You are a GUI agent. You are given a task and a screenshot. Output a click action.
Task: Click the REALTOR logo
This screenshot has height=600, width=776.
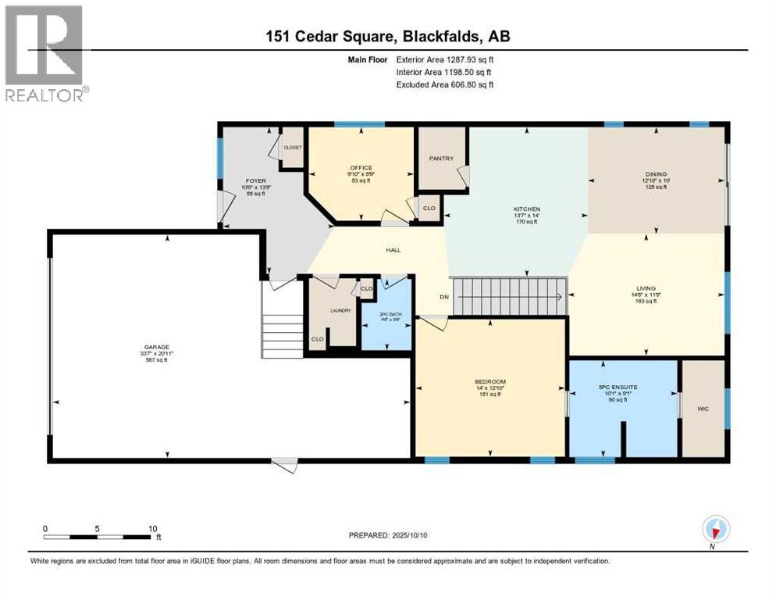coord(45,53)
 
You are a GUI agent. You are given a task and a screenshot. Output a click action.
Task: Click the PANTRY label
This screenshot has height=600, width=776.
coord(441,159)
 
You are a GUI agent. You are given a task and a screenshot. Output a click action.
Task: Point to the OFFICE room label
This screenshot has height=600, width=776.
coord(361,168)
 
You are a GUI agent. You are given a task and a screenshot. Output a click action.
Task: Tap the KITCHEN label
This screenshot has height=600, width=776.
coord(526,209)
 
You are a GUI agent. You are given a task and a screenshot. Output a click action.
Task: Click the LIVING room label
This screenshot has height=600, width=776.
coord(646,288)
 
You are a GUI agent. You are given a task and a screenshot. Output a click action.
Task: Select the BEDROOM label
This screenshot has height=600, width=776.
coord(490,382)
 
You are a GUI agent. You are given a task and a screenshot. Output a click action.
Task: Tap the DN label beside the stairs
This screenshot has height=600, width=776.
coord(443,297)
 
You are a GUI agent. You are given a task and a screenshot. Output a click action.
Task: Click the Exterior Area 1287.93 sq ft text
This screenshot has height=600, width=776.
coord(445,59)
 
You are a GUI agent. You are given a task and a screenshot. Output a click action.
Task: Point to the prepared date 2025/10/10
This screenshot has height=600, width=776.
coord(388,535)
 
